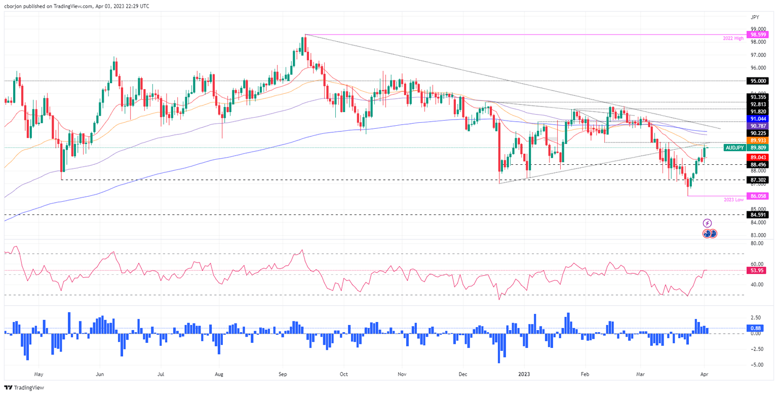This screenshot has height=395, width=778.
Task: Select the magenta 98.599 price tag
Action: [x=758, y=34]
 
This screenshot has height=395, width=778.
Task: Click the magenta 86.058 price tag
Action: [x=758, y=195]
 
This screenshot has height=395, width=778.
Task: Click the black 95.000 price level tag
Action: [x=758, y=81]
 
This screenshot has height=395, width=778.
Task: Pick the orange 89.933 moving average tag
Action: [x=758, y=140]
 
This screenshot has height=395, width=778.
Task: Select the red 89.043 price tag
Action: [x=758, y=158]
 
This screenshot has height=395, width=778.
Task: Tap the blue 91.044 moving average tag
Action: [x=758, y=118]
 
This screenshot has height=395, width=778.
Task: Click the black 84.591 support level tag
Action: [x=758, y=214]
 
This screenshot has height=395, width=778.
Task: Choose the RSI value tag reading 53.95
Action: [x=758, y=270]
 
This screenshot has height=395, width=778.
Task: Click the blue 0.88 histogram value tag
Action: [x=758, y=328]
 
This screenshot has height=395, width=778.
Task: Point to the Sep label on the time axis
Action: [x=283, y=375]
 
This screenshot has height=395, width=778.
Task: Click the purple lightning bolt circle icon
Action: [x=708, y=223]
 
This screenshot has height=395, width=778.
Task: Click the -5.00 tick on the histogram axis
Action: [x=757, y=365]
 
